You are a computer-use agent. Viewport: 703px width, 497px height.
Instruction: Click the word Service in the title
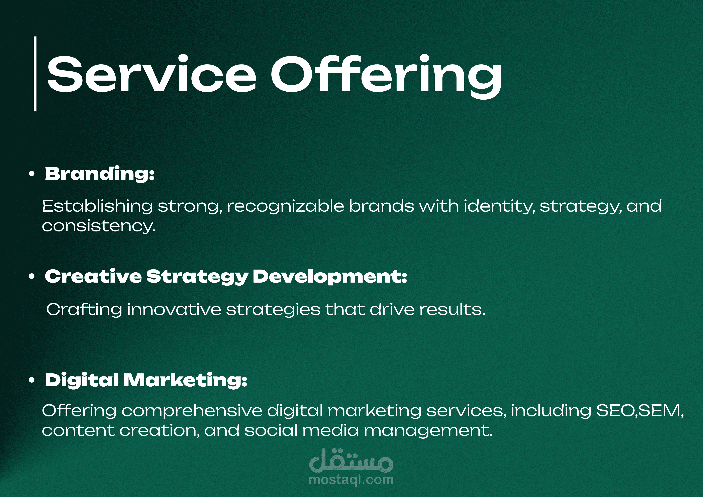coord(151,74)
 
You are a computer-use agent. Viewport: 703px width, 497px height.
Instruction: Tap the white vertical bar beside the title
coord(35,74)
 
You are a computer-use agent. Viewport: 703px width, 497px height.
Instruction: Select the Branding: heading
coord(100,174)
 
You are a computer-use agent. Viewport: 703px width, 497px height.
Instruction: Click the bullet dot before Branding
coord(31,174)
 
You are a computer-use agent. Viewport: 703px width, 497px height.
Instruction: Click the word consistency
coord(99,226)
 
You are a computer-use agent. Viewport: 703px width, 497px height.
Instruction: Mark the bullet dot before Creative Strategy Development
coord(31,277)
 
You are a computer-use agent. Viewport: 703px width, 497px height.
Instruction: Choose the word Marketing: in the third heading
coord(185,380)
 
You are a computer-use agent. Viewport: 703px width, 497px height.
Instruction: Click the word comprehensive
coord(192,411)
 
